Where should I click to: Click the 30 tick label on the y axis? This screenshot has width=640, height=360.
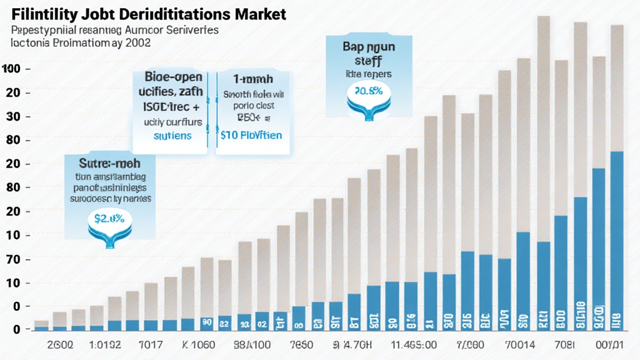[x=13, y=116]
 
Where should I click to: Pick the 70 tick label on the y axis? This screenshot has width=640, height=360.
[x=13, y=259]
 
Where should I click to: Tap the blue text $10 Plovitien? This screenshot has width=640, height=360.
[x=251, y=135]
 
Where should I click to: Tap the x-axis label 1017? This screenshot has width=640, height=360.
[x=150, y=344]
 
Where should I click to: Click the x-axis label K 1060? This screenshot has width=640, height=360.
[x=198, y=344]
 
